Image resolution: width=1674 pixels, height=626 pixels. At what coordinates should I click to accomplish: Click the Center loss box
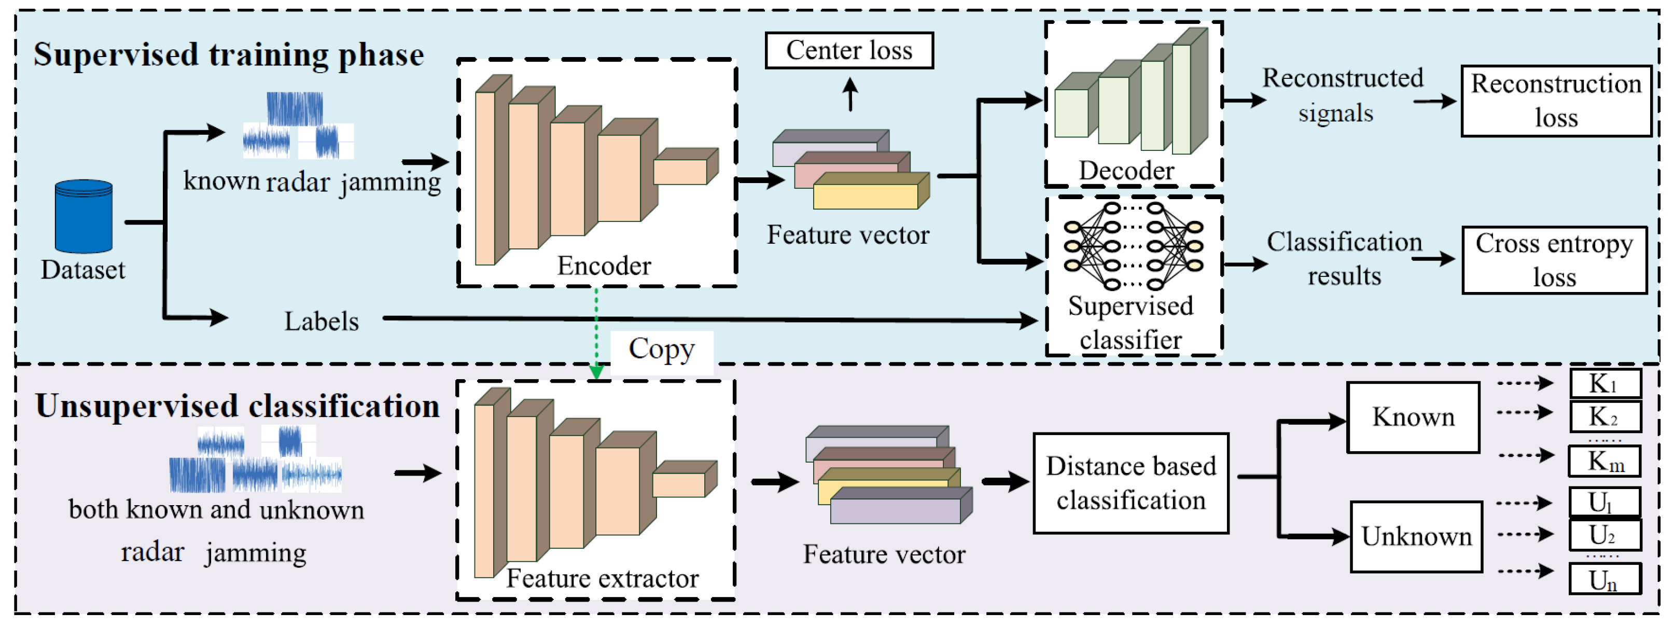pos(849,50)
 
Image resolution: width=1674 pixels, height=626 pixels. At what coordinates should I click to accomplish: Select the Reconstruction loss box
pos(1556,101)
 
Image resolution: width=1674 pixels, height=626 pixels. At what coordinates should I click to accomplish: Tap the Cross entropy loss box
pos(1554,260)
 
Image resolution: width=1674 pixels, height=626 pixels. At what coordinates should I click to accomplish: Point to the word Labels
pos(321,321)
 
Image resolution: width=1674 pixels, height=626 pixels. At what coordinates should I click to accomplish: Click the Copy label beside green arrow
pos(662,350)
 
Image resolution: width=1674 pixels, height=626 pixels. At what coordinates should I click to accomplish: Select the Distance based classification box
pos(1130,483)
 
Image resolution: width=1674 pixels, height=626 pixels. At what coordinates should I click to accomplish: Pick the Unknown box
pos(1416,536)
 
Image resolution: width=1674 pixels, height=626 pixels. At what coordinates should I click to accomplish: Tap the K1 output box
pos(1605,383)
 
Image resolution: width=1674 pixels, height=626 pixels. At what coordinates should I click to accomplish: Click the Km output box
pos(1605,462)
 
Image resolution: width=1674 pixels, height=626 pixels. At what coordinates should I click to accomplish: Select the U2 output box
pos(1605,535)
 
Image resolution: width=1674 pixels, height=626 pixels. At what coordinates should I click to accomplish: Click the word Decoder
pos(1126,170)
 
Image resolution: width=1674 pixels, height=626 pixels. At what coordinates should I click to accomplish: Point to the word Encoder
pos(604,266)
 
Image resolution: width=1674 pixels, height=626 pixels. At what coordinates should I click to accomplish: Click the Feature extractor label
pos(603,578)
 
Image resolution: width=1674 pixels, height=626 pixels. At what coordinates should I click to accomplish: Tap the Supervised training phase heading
pos(228,54)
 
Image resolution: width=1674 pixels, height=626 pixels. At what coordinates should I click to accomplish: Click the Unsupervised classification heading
pos(237,406)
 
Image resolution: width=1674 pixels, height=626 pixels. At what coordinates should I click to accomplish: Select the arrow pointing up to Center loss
pos(850,94)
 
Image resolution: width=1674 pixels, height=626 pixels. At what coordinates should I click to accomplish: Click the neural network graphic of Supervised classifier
pos(1133,246)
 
